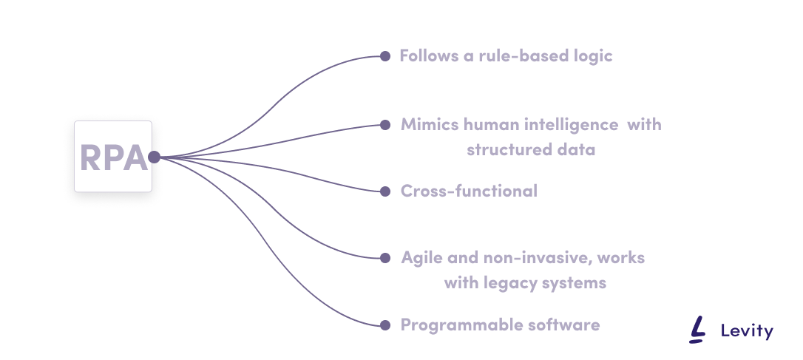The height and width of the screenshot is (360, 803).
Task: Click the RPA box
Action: click(113, 157)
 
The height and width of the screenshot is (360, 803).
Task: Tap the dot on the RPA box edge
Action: click(154, 157)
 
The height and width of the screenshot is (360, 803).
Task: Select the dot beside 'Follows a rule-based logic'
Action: click(384, 55)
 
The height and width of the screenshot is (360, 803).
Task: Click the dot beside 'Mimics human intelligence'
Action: click(384, 124)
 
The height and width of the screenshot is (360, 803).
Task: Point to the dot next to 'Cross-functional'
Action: click(384, 191)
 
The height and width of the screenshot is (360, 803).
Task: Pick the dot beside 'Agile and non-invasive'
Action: click(384, 258)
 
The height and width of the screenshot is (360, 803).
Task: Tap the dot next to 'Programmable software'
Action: click(384, 325)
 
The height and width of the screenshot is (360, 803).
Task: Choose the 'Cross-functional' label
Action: click(469, 191)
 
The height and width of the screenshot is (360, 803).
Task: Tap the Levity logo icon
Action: click(697, 330)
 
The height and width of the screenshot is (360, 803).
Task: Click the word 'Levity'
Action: click(746, 331)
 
